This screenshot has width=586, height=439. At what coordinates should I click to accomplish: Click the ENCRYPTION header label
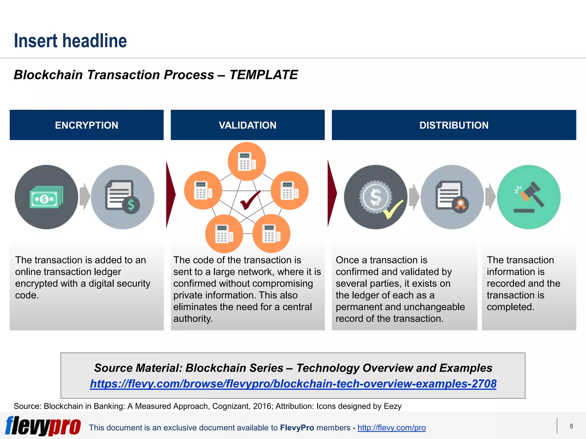(86, 125)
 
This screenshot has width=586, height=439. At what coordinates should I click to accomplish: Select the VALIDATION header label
(248, 125)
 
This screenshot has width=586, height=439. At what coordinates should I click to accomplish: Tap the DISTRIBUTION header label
(454, 125)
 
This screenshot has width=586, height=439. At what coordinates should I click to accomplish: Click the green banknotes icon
(46, 197)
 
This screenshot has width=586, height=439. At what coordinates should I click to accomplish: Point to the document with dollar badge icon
(122, 197)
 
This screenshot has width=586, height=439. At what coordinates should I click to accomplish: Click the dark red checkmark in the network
(250, 200)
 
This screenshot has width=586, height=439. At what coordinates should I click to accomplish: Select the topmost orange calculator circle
(247, 161)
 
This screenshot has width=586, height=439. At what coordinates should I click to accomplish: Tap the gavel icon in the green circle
(528, 197)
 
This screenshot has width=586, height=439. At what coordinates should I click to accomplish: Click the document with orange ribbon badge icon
(452, 197)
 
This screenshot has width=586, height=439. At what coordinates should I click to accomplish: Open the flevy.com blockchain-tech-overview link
(293, 384)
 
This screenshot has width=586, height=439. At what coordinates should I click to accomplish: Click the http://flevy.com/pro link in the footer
(391, 428)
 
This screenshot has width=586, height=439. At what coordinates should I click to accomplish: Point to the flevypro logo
(43, 426)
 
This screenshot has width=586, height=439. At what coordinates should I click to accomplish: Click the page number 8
(571, 426)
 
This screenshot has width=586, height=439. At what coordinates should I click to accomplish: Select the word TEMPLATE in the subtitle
(264, 75)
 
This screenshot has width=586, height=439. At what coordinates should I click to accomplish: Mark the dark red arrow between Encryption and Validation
(171, 194)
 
